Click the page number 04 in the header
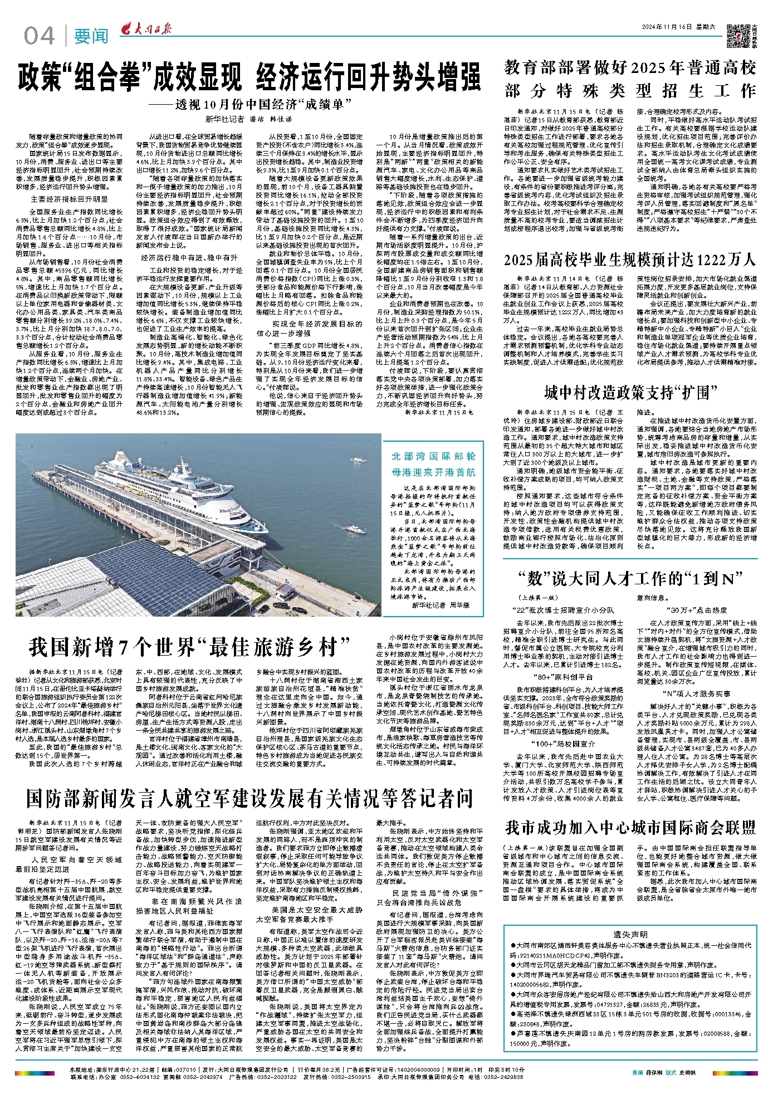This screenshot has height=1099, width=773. (39, 36)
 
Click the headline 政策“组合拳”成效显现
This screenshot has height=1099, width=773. (129, 77)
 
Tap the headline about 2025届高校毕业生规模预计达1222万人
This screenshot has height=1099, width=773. (630, 260)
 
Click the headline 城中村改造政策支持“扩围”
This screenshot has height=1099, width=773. (630, 393)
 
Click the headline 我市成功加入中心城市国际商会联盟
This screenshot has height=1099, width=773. (630, 827)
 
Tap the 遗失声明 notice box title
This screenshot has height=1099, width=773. (630, 887)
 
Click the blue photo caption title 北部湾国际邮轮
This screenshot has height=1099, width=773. (433, 456)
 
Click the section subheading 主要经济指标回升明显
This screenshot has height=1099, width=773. (69, 199)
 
